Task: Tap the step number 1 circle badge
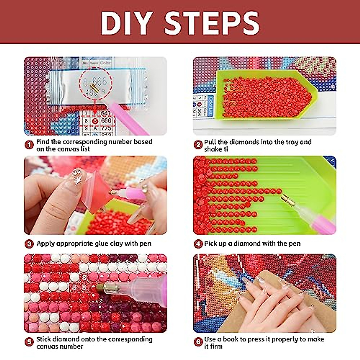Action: [29, 145]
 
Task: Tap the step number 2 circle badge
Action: [198, 145]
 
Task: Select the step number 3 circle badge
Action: [29, 244]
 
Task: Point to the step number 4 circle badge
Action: [198, 244]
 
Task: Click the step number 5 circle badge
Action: [29, 342]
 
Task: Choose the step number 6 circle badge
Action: [198, 342]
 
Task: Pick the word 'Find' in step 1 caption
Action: [43, 142]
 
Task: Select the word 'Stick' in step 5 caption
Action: [43, 339]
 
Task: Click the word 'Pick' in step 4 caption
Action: [211, 244]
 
